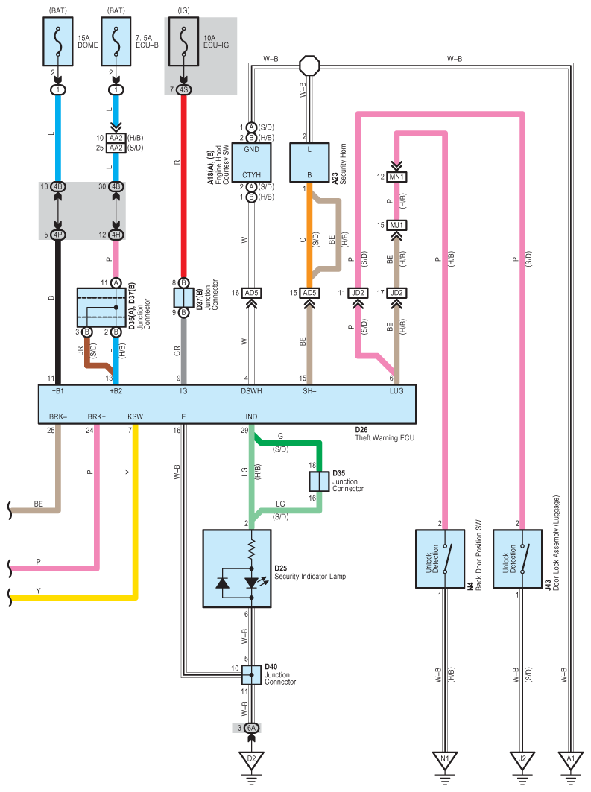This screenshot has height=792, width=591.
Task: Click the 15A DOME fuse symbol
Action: (x=58, y=42)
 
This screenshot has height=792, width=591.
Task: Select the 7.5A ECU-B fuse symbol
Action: (x=116, y=42)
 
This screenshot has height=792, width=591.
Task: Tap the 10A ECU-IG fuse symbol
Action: (x=183, y=42)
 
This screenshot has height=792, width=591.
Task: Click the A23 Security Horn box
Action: (x=309, y=162)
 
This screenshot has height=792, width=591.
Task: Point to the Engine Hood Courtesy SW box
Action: (x=252, y=162)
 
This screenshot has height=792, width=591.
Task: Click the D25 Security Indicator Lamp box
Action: (x=237, y=568)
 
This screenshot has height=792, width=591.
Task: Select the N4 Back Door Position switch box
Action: (x=440, y=559)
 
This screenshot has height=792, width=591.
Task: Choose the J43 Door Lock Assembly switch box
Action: (x=517, y=559)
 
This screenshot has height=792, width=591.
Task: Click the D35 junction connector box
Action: (x=319, y=481)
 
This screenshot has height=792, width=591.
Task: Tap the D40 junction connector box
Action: (x=251, y=675)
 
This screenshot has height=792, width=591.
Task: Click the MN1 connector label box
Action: (x=396, y=177)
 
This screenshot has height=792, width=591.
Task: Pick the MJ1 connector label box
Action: (x=396, y=225)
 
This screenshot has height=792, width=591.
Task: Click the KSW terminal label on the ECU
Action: (x=136, y=416)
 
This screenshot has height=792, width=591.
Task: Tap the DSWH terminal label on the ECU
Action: (x=251, y=391)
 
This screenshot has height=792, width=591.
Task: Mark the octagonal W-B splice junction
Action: (x=309, y=66)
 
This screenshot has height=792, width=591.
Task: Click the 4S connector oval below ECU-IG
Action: (x=183, y=89)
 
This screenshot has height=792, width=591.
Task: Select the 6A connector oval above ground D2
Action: (x=251, y=728)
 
